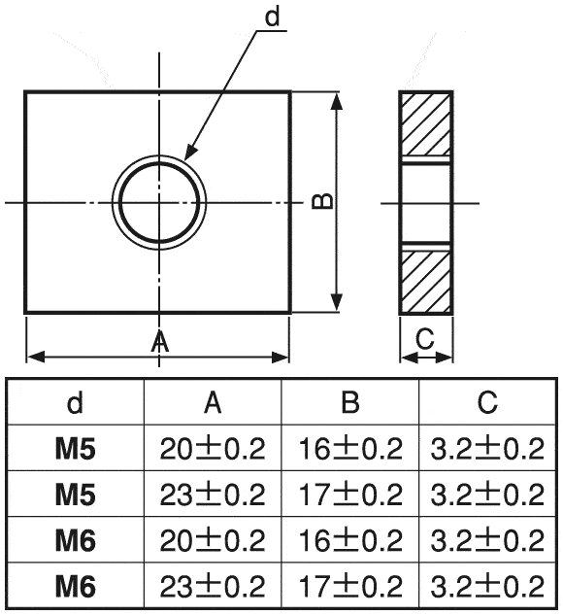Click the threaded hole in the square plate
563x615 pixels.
(x=159, y=202)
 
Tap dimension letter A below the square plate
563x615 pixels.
(x=160, y=342)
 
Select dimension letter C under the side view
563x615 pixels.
(x=424, y=339)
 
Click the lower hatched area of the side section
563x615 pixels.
(x=425, y=281)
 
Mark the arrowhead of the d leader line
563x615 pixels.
(x=187, y=154)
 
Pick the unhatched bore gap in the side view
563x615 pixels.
(x=425, y=202)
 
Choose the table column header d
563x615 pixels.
(x=76, y=402)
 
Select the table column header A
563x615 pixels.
(x=214, y=402)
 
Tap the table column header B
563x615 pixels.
(x=350, y=402)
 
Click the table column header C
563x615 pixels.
(x=487, y=402)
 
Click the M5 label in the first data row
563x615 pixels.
(x=76, y=448)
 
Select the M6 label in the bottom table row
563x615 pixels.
(x=76, y=586)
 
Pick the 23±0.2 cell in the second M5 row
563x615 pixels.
(x=214, y=495)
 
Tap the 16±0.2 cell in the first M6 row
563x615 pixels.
(x=350, y=540)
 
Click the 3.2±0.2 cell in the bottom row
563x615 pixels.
(x=487, y=586)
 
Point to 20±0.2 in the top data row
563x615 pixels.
(x=214, y=448)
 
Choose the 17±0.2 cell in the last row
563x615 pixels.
(x=350, y=586)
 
